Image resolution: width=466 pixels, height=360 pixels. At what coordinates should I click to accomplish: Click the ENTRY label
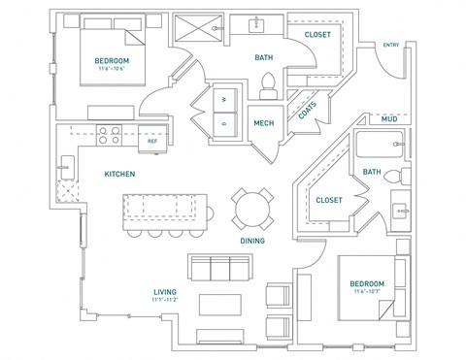(x=391, y=45)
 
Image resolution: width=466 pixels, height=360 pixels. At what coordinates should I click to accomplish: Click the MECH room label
(x=264, y=123)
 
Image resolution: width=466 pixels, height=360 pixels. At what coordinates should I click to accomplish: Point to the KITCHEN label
(x=119, y=174)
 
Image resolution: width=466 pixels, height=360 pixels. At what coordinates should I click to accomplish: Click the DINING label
(x=253, y=241)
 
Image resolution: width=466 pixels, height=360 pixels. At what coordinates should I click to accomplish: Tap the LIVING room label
(x=164, y=291)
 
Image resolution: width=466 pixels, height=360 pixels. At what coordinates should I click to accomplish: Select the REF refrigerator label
(x=152, y=142)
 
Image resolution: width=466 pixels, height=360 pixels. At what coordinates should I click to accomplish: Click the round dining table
(x=249, y=206)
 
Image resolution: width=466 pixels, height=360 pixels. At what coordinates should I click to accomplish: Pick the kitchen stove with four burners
(x=109, y=135)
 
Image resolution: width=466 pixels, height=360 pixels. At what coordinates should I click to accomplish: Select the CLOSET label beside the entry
(x=317, y=35)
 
